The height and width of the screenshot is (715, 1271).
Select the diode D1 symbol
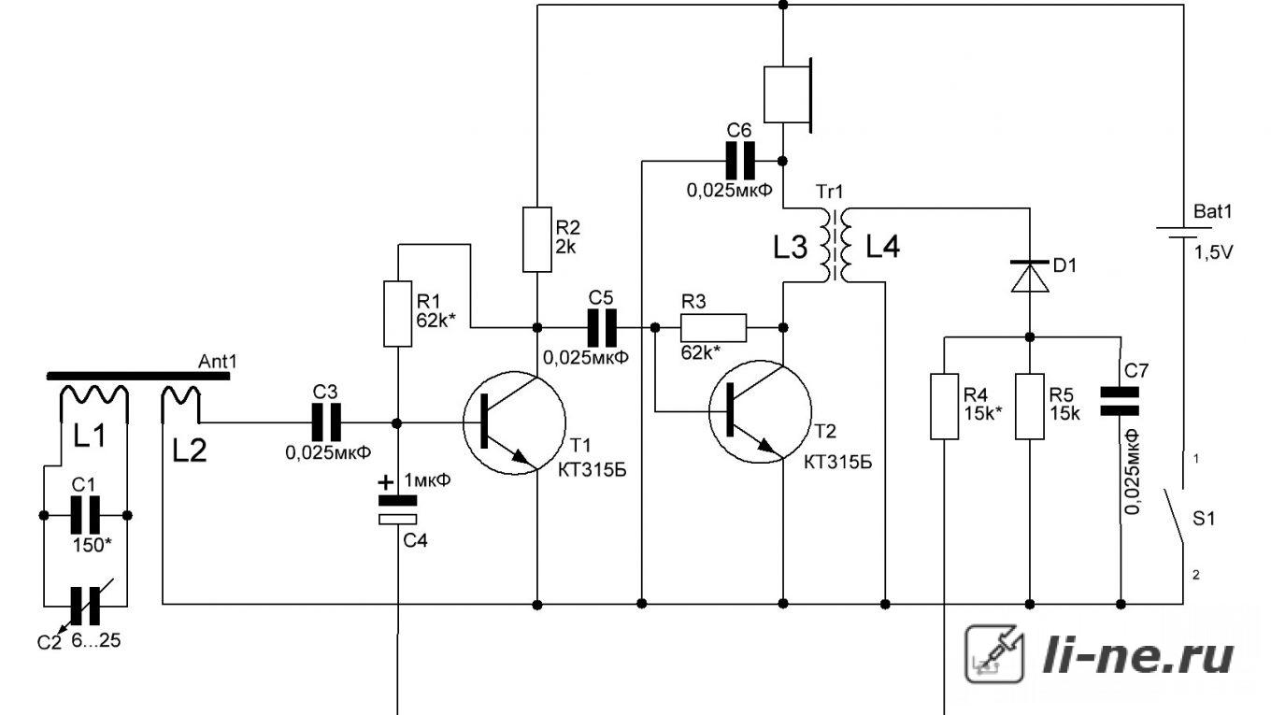click(1030, 277)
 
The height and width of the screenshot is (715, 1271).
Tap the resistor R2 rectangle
click(536, 239)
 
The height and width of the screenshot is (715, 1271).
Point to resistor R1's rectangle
click(398, 313)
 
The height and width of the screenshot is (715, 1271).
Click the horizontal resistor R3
click(713, 328)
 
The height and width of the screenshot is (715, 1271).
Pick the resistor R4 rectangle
click(944, 407)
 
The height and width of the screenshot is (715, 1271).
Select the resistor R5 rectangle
click(1030, 407)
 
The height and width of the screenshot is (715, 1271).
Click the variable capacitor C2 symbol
click(85, 606)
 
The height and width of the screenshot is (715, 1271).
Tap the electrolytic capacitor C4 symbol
click(398, 509)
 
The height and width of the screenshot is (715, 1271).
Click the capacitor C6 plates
click(741, 161)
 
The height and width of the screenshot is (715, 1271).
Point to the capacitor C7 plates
click(1120, 401)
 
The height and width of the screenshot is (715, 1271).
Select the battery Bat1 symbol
click(1183, 233)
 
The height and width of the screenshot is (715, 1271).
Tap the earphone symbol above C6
click(788, 94)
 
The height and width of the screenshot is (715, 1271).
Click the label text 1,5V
click(1214, 253)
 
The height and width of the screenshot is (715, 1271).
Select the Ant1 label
click(218, 362)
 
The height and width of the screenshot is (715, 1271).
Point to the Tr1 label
click(830, 192)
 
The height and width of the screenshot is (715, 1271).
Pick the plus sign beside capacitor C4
click(386, 483)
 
